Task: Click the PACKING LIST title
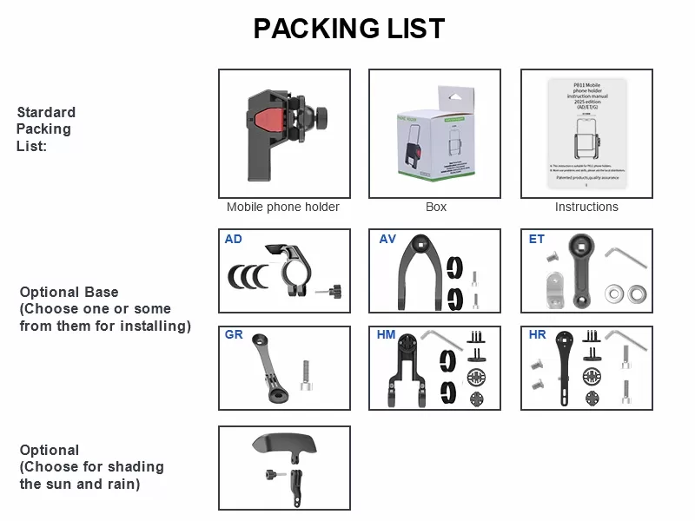pos(348,29)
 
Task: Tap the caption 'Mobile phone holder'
pos(283,207)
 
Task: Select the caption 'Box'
pos(435,207)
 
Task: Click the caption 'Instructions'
pos(586,207)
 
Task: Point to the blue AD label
pos(234,239)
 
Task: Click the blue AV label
pos(387,239)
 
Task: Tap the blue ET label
pos(537,239)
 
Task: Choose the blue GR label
pos(234,334)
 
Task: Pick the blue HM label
pos(387,334)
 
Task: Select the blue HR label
pos(538,334)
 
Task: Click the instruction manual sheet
pos(586,135)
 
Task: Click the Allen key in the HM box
pos(443,337)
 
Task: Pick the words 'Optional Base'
pos(69,293)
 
